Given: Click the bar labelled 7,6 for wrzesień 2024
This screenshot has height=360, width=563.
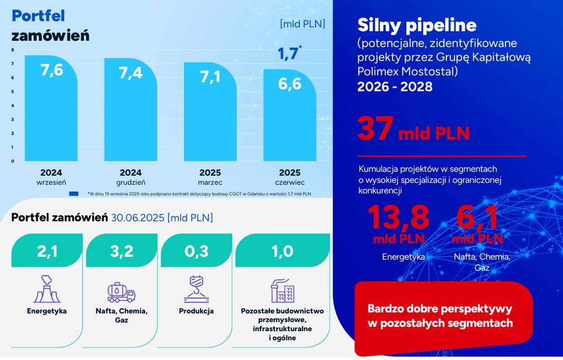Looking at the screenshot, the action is coord(51,108).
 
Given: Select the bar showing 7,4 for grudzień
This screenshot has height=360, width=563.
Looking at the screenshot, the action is coord(131,110).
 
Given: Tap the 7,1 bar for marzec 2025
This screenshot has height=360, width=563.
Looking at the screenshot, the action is coord(210,111).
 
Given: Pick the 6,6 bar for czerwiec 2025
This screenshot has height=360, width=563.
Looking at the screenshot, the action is coord(290,115).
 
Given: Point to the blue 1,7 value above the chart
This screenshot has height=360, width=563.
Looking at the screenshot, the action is coord(288,53).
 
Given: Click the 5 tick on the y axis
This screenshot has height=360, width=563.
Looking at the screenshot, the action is coord(13,91).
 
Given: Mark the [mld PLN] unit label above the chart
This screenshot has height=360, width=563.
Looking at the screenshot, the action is coord(302,24).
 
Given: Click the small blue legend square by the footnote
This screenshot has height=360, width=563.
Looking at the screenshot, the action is coord(74,194).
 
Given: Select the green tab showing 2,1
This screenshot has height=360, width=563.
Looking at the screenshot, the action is coord(47,250).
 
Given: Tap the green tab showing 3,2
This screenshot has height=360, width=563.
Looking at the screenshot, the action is coord(121,250).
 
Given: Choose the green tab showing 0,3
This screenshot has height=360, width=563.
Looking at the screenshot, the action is coord(197,250).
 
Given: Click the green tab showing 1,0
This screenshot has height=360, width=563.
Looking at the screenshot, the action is coord(282,250).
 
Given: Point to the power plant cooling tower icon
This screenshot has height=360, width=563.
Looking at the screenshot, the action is coord(47,289).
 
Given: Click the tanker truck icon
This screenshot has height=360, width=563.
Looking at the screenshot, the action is coord(121,292).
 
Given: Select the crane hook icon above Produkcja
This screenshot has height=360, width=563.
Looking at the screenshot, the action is coord(197,289).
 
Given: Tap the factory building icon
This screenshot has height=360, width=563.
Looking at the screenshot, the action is coord(282,291).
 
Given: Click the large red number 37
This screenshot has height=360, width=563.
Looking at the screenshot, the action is coord(376,128).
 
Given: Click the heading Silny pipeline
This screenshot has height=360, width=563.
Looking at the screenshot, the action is coord(417,25).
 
